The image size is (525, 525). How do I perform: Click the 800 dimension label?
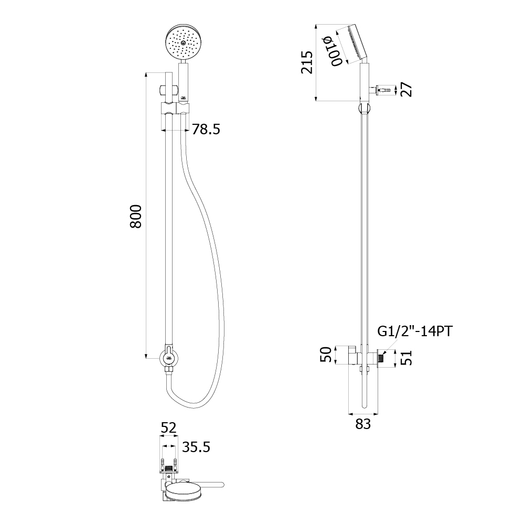[x=136, y=216]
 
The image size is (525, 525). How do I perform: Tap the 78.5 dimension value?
[x=206, y=129]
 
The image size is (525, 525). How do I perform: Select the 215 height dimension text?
[x=307, y=62]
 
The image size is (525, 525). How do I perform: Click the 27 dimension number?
[x=407, y=89]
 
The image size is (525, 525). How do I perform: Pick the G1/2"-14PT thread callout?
[x=415, y=331]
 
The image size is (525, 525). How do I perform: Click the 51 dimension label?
[x=406, y=358]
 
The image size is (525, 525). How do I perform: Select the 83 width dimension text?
[x=363, y=424]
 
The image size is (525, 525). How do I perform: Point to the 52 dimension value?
[x=168, y=428]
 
